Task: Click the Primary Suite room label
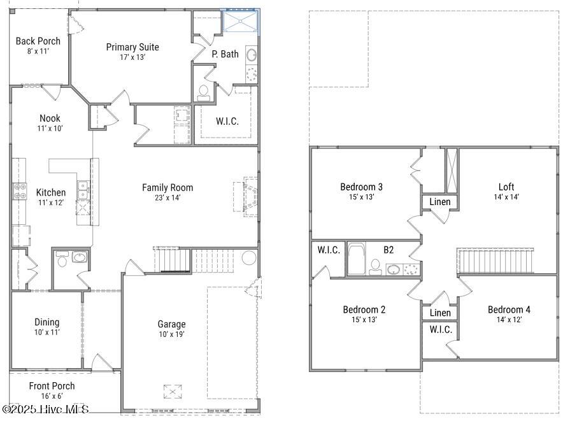click(x=132, y=47)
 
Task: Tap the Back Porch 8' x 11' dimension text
click(x=38, y=52)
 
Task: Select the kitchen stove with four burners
click(x=20, y=191)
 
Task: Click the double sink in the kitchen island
click(x=83, y=190)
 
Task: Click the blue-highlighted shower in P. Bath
click(x=240, y=21)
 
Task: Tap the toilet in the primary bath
click(x=204, y=93)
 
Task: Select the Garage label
click(x=171, y=324)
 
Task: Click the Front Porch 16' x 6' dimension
click(x=52, y=396)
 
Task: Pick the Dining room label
click(x=47, y=322)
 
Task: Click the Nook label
click(x=50, y=118)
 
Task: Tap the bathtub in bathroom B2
click(x=357, y=259)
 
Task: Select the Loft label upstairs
click(x=506, y=187)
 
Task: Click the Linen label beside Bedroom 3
click(x=440, y=201)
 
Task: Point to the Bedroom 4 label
click(x=509, y=310)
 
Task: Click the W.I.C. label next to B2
click(x=329, y=250)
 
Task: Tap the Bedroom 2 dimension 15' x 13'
click(x=364, y=320)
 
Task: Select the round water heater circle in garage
click(x=250, y=258)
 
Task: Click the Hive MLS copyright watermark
click(x=45, y=409)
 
